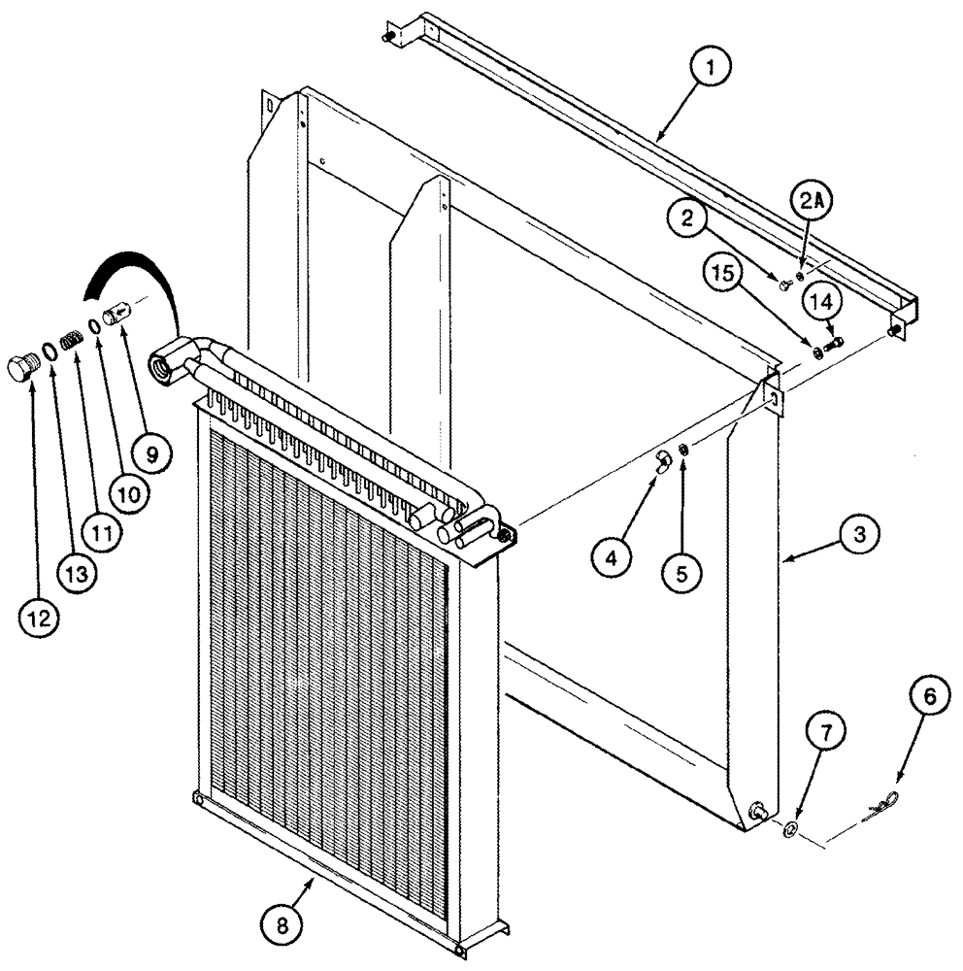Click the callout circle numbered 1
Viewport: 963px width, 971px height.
[x=713, y=69]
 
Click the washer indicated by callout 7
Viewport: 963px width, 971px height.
[x=790, y=829]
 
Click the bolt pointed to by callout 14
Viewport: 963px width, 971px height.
[x=834, y=342]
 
